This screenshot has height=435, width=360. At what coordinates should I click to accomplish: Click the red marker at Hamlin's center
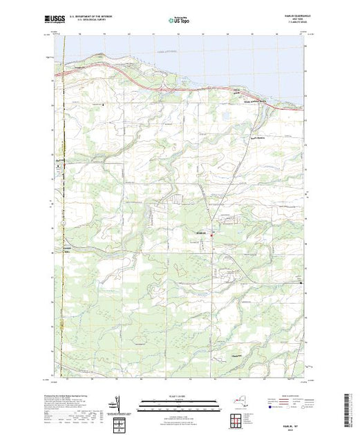click(212, 238)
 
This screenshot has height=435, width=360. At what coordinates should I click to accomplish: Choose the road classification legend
click(285, 406)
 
